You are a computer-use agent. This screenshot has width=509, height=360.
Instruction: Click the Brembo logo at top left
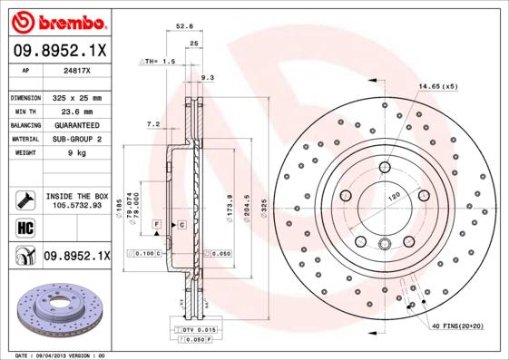pos(57,20)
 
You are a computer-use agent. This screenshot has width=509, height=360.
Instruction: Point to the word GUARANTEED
pos(73,124)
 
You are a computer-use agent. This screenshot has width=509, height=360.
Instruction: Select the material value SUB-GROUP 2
pos(73,139)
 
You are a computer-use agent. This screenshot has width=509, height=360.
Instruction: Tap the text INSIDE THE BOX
pos(77,196)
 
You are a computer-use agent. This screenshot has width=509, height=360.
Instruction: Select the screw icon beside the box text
pos(20,199)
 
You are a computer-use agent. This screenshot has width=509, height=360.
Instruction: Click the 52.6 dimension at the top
pos(185,26)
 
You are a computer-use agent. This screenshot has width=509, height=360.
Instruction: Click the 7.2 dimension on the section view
pos(152,124)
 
